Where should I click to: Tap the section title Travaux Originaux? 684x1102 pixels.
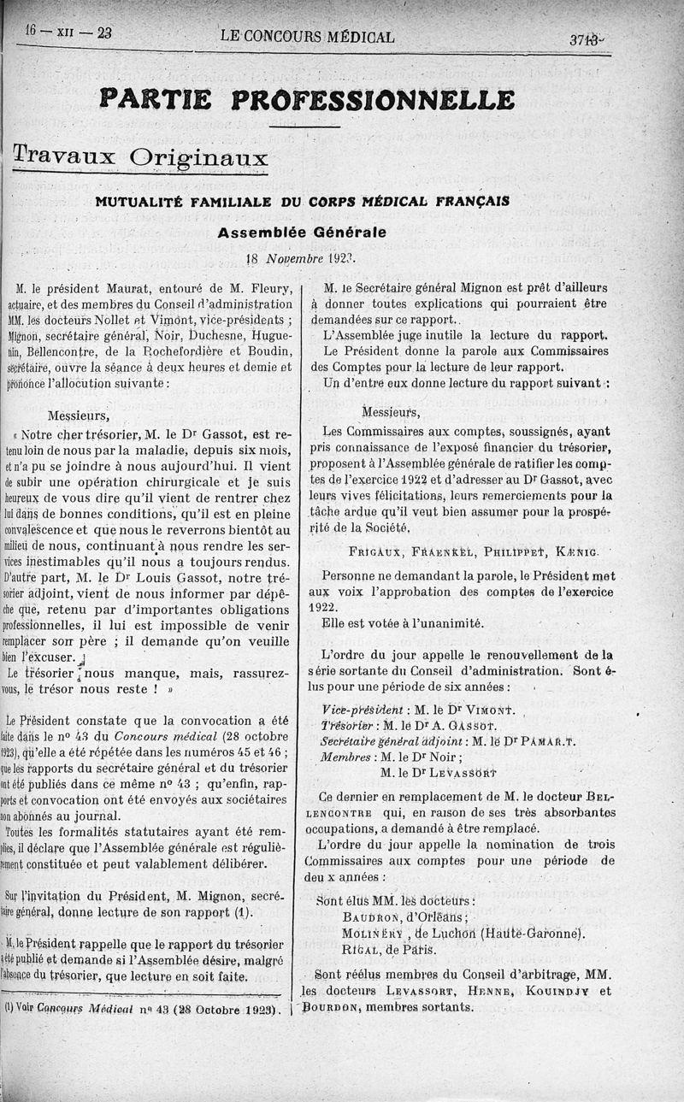pyautogui.click(x=141, y=156)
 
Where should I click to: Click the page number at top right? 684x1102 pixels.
pyautogui.click(x=586, y=39)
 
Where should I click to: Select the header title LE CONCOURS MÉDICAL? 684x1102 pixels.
pyautogui.click(x=307, y=37)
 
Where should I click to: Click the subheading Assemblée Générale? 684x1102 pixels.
pyautogui.click(x=301, y=232)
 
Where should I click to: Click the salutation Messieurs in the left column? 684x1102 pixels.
pyautogui.click(x=79, y=416)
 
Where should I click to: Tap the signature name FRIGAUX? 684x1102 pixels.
pyautogui.click(x=377, y=551)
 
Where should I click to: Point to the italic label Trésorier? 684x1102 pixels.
pyautogui.click(x=351, y=726)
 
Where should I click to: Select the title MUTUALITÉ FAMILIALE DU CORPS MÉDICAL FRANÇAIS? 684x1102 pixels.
pyautogui.click(x=302, y=202)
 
